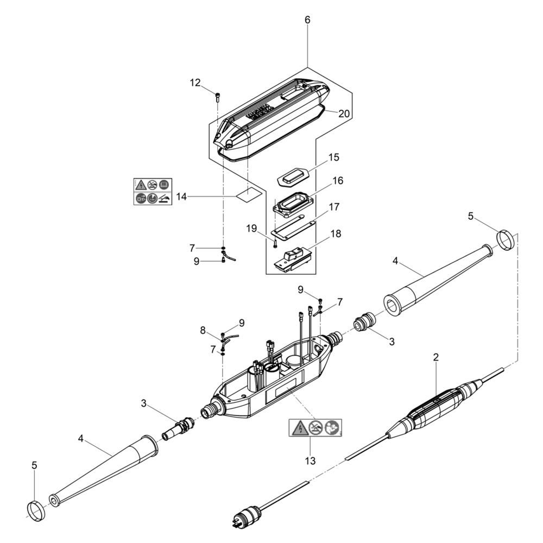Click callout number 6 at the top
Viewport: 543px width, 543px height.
point(307,20)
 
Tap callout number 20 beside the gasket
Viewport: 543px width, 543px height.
point(344,113)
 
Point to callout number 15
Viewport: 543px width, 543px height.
point(333,157)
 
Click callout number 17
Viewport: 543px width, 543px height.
point(334,207)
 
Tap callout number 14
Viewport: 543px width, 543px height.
point(181,197)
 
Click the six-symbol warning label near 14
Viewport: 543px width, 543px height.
point(153,192)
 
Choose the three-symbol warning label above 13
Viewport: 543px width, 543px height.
point(315,427)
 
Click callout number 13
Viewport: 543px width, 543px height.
point(310,460)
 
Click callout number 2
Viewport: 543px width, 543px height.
point(435,357)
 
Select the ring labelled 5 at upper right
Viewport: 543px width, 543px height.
point(506,239)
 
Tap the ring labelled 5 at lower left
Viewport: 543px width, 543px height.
point(36,512)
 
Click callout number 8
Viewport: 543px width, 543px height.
point(203,331)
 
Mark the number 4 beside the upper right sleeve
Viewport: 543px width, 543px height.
point(395,261)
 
